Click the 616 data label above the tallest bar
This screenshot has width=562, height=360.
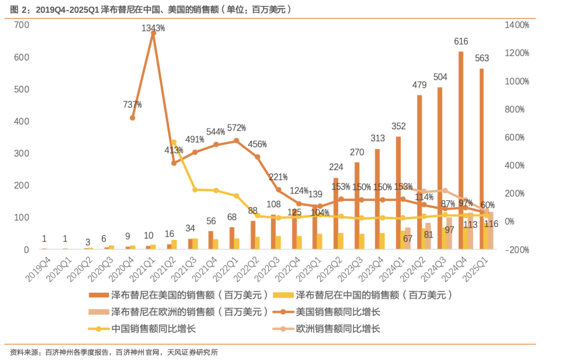click(461, 41)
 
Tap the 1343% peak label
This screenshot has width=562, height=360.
click(153, 28)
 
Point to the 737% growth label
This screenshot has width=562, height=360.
click(133, 104)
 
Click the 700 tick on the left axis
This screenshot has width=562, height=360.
click(21, 25)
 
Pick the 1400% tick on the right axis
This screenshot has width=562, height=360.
click(517, 25)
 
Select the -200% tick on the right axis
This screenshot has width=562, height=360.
click(517, 249)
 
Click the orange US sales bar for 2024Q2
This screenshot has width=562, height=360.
click(419, 170)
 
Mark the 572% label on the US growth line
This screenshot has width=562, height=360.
click(236, 128)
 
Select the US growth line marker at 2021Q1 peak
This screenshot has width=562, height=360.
click(153, 33)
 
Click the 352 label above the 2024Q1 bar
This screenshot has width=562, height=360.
click(399, 126)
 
